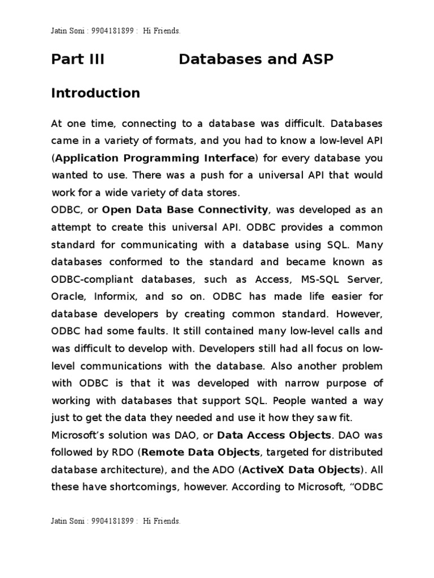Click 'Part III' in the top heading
(78, 59)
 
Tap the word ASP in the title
(318, 59)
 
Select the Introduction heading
(96, 93)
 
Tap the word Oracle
(67, 296)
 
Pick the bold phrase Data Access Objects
(274, 435)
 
